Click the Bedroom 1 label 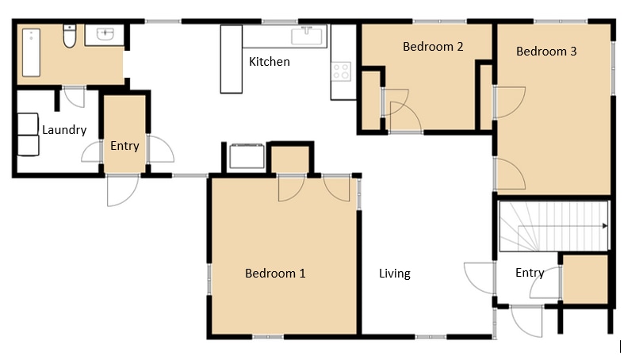[275, 273]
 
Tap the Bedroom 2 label [433, 46]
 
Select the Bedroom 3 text [546, 52]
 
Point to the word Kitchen [270, 62]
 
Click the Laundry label [64, 130]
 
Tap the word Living [395, 274]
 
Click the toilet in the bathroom [69, 36]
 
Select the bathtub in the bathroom [31, 52]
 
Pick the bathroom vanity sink [105, 34]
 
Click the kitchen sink [306, 36]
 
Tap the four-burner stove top [341, 71]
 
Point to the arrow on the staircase [563, 226]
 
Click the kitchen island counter [231, 59]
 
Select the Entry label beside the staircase [530, 273]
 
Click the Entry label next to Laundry [124, 146]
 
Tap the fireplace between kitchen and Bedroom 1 [247, 155]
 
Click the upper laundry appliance [28, 124]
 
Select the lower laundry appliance [28, 146]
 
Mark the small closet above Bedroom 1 [290, 159]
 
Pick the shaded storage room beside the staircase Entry [585, 279]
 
